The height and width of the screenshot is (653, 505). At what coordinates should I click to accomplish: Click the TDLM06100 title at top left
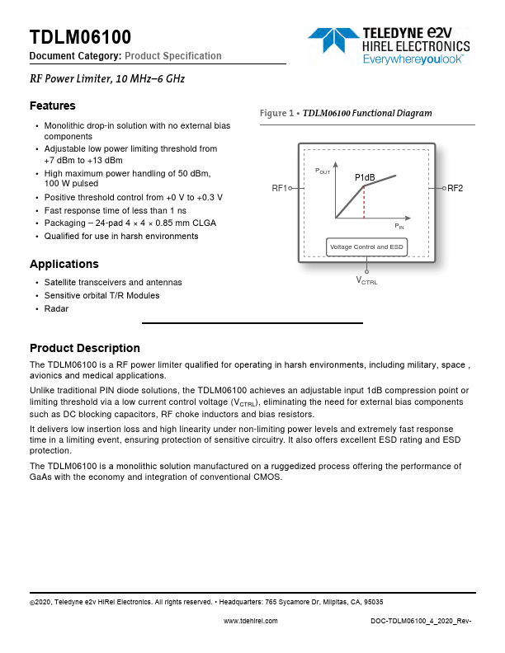pyautogui.click(x=80, y=37)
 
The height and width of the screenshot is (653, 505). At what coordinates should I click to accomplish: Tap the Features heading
pyautogui.click(x=52, y=106)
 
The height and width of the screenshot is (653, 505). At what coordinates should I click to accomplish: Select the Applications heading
pyautogui.click(x=64, y=264)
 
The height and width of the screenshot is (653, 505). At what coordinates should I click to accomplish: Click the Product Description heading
pyautogui.click(x=84, y=348)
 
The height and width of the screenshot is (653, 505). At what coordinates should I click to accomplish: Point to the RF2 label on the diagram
pyautogui.click(x=455, y=189)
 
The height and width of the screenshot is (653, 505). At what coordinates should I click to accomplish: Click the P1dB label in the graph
pyautogui.click(x=365, y=177)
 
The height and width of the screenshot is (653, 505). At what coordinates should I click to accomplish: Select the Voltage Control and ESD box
pyautogui.click(x=366, y=247)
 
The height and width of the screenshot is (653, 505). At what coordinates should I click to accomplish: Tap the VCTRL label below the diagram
pyautogui.click(x=366, y=281)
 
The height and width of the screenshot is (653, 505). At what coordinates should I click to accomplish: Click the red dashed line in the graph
pyautogui.click(x=364, y=202)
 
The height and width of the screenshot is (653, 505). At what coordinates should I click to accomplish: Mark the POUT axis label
pyautogui.click(x=322, y=170)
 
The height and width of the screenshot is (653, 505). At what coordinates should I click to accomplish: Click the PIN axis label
pyautogui.click(x=399, y=225)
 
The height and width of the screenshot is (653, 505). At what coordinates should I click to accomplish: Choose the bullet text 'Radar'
pyautogui.click(x=56, y=308)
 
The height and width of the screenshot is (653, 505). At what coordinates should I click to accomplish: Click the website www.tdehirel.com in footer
pyautogui.click(x=251, y=621)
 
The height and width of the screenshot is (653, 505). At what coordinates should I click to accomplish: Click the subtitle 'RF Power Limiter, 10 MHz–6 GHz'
pyautogui.click(x=106, y=79)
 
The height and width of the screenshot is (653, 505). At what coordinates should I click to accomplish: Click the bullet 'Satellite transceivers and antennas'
pyautogui.click(x=113, y=282)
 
